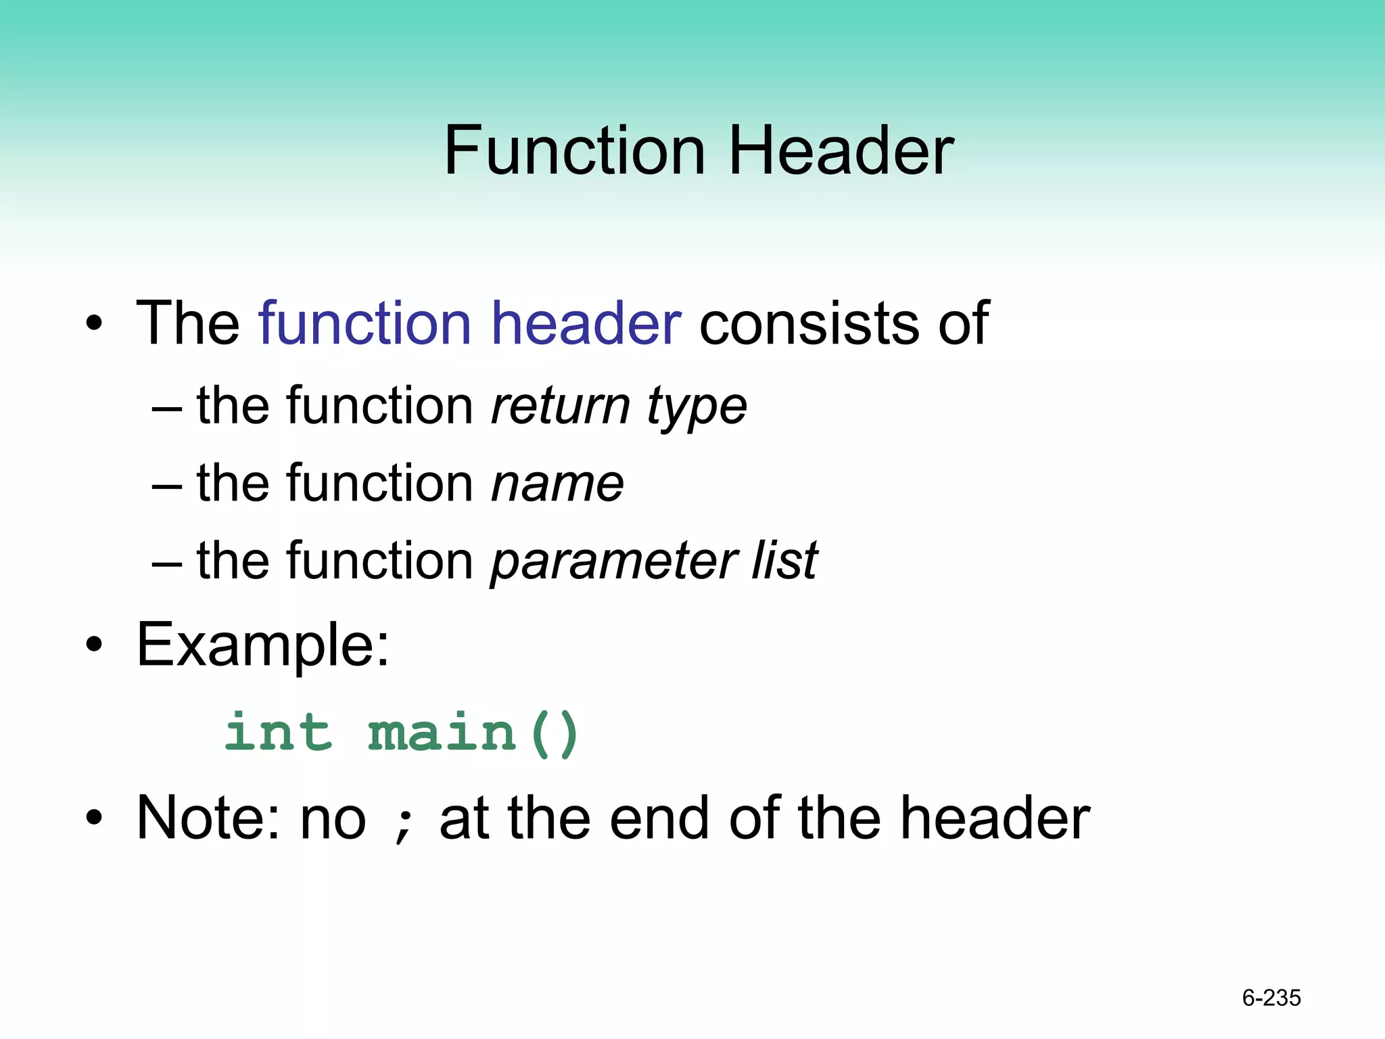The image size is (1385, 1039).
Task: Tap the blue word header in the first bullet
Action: [586, 323]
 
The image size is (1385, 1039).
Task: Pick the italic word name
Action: [557, 484]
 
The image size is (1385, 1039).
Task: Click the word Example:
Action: [263, 645]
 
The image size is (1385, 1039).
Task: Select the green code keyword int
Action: [279, 733]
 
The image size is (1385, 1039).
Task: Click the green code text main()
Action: [473, 733]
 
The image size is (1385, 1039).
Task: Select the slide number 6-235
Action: [1271, 998]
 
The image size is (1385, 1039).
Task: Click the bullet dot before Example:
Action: [95, 645]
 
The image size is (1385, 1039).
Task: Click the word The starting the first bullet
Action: [187, 323]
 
